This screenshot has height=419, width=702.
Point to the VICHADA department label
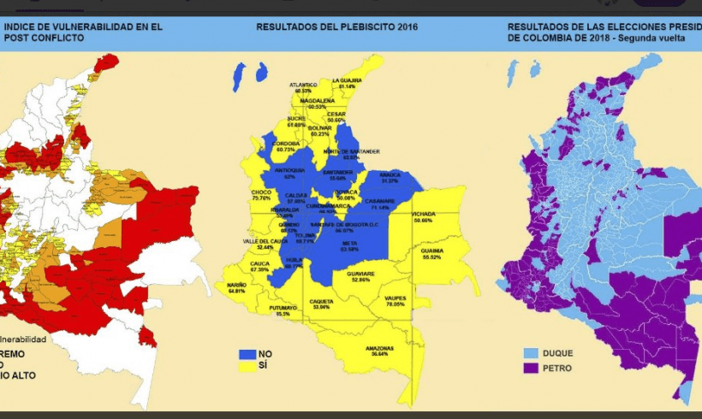[x=423, y=214]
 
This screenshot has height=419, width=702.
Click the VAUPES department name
[x=395, y=297]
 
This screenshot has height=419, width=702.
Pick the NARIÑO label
[x=237, y=285]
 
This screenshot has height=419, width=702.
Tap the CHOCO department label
[x=261, y=193]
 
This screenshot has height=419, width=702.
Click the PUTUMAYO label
[x=283, y=307]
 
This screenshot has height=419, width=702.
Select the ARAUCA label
[x=390, y=174]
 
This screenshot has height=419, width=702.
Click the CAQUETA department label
[x=322, y=300]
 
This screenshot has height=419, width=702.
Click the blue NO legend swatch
[x=247, y=353]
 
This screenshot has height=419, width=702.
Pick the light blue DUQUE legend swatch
[x=530, y=353]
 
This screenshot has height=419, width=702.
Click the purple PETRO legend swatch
[x=530, y=368]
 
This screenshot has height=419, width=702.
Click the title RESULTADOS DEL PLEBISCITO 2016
[x=336, y=27]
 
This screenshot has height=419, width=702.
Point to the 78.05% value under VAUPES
[x=395, y=304]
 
